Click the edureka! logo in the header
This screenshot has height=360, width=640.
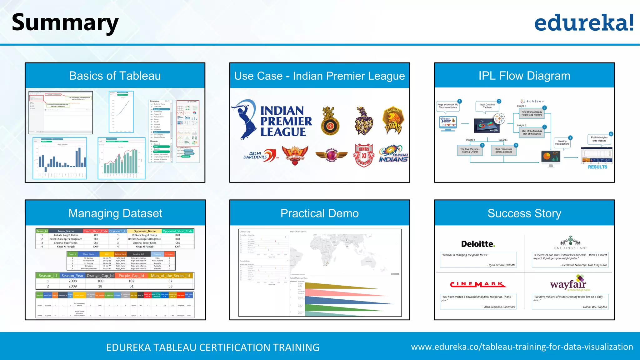[584, 22]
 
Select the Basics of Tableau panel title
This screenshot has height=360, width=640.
[115, 76]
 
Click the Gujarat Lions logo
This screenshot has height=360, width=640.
[393, 120]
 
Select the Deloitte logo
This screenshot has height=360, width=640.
[478, 244]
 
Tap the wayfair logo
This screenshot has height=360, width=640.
[568, 283]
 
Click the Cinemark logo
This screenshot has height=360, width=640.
[478, 284]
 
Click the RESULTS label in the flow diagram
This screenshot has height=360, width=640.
[597, 167]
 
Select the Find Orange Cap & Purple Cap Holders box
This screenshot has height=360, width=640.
[532, 113]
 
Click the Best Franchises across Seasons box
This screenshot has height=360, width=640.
[503, 151]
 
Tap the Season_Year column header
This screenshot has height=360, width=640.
[72, 276]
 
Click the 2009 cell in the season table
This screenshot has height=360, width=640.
[72, 286]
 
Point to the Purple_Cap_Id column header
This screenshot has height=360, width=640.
[131, 276]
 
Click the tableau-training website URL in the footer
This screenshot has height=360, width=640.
[522, 347]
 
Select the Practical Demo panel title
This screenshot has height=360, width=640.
[319, 213]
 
